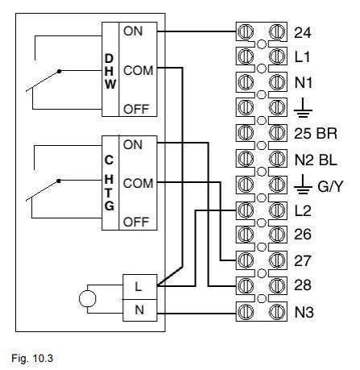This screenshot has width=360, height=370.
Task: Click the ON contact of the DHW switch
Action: point(133,31)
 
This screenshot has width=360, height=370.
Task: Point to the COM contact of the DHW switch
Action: point(138,70)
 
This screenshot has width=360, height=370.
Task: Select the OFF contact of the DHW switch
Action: point(134,110)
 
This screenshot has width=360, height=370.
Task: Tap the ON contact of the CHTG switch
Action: point(133,143)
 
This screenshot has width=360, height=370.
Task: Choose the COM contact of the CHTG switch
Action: point(138,183)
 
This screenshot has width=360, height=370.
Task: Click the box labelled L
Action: point(139,286)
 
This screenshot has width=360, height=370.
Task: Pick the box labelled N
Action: point(139,309)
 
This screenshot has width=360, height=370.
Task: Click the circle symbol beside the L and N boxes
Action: point(86,297)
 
